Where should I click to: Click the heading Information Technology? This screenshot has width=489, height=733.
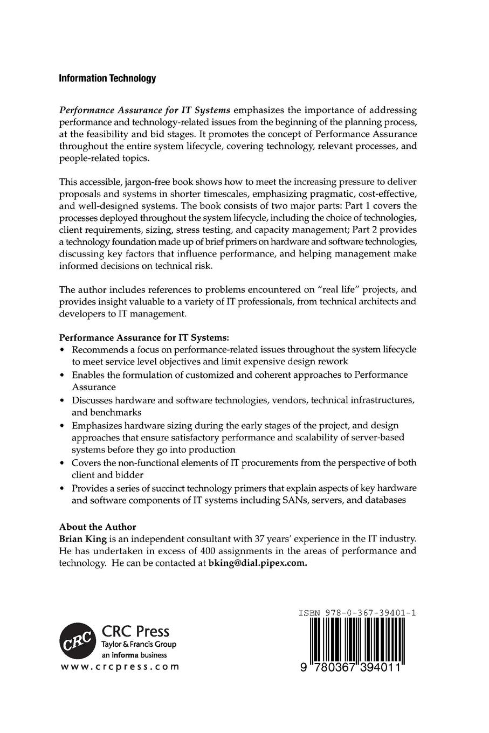(107, 79)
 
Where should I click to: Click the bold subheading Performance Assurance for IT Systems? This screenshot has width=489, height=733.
(144, 337)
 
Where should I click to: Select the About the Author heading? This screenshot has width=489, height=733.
(98, 527)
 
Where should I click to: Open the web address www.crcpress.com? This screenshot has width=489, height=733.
(119, 667)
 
